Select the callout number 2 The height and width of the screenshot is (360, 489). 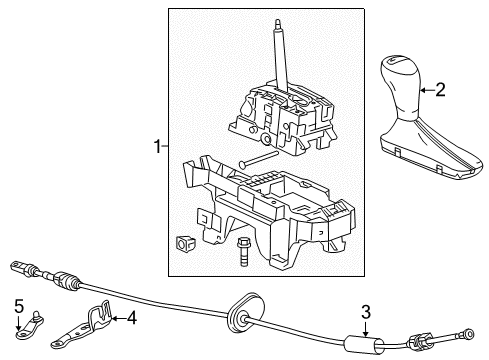coord(441,90)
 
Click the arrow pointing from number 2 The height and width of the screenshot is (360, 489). coord(426,90)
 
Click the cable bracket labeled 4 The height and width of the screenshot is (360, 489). coord(100,321)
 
